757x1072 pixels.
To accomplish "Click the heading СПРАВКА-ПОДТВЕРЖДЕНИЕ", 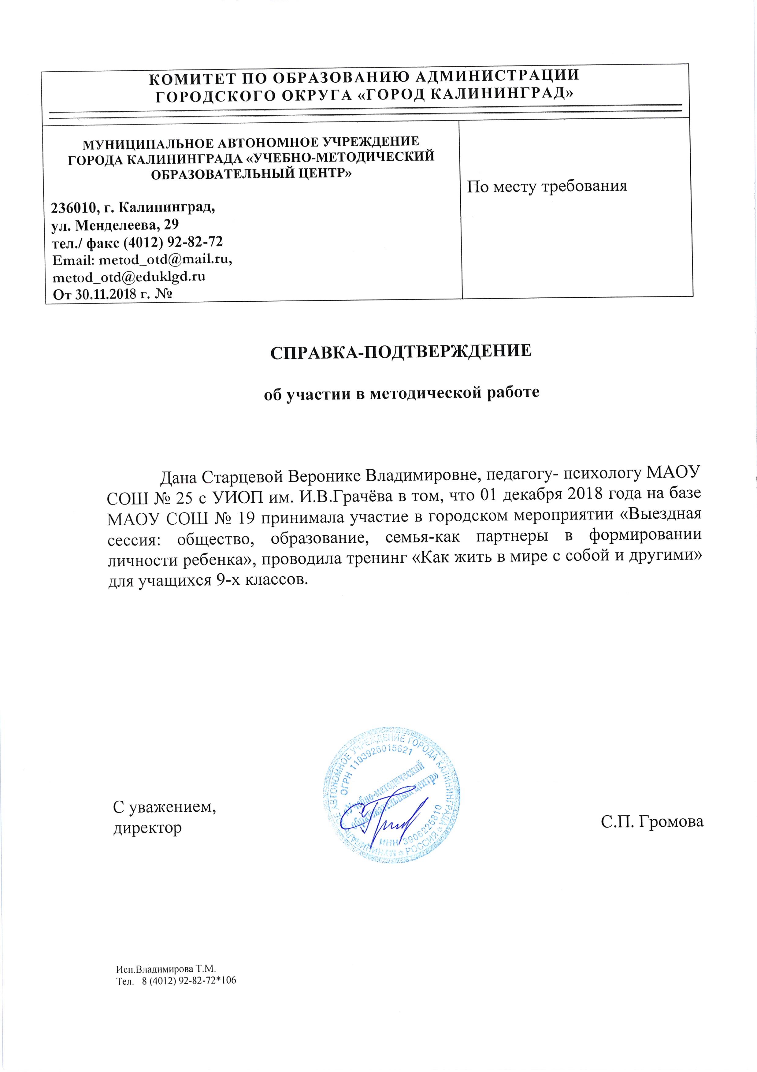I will click(x=401, y=352).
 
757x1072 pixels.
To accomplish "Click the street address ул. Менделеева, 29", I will click(x=114, y=225).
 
